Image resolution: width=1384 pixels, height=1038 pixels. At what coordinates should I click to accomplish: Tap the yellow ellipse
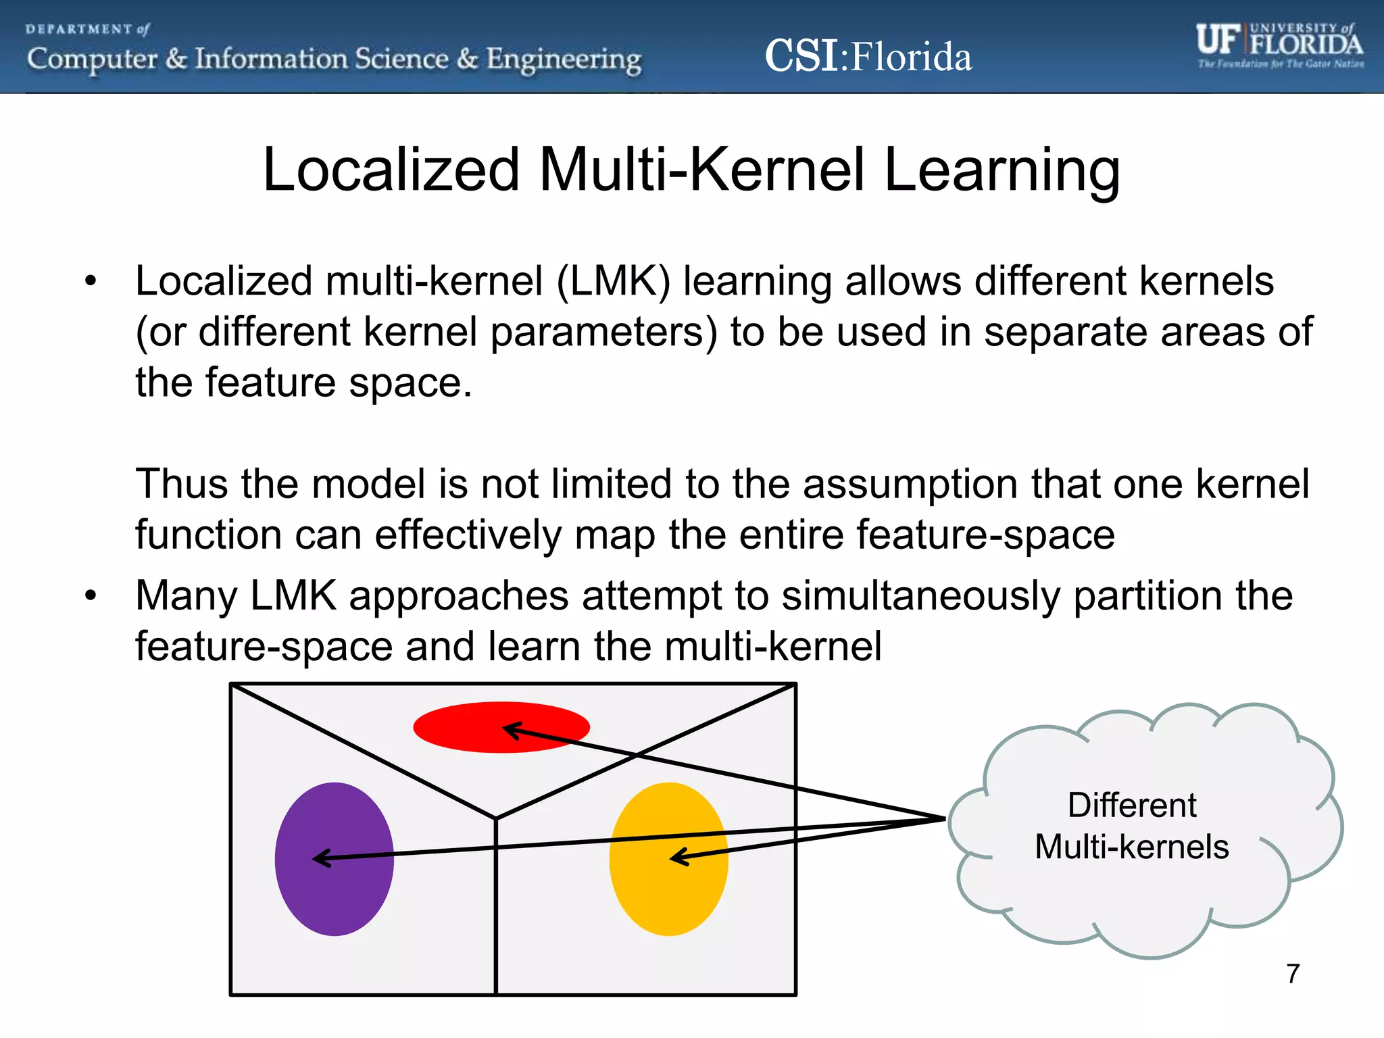(x=669, y=892)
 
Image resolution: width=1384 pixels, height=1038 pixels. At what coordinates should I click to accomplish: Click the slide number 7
(x=1293, y=974)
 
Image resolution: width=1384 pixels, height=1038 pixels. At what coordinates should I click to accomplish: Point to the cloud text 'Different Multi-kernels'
(x=1132, y=826)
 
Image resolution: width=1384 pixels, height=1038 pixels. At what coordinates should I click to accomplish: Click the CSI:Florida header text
(x=868, y=56)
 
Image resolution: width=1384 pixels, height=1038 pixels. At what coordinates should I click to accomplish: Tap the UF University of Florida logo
(x=1279, y=45)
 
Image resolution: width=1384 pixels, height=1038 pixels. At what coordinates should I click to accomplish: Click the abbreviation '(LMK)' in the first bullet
(x=613, y=281)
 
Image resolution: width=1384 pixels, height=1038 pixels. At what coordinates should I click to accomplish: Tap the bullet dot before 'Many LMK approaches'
(x=91, y=596)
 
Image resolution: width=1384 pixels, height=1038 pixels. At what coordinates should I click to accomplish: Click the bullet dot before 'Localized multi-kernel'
(x=91, y=281)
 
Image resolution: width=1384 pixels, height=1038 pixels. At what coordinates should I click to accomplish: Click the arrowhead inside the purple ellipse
(x=318, y=858)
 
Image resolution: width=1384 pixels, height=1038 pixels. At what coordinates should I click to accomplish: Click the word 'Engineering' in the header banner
(x=564, y=59)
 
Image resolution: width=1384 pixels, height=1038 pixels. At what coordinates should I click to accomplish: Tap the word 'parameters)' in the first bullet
(x=603, y=332)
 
